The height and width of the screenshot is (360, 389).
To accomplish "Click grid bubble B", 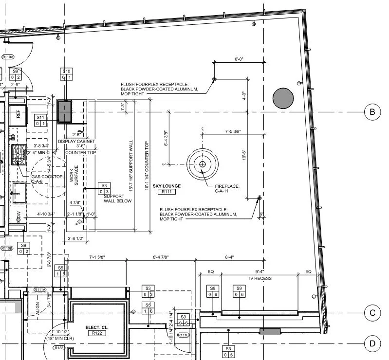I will (x=372, y=112).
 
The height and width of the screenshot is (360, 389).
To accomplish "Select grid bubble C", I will (x=372, y=313).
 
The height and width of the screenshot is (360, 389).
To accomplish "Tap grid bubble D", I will (x=372, y=344).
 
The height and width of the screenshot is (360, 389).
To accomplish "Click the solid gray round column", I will (x=283, y=98).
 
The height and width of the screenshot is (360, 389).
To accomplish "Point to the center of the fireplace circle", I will (x=203, y=164).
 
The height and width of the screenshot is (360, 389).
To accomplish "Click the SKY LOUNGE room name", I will (x=167, y=186).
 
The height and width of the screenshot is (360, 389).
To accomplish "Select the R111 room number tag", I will (x=167, y=192).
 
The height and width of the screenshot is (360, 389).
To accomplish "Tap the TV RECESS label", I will (x=259, y=278).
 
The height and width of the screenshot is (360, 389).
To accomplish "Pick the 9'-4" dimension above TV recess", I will (x=259, y=271).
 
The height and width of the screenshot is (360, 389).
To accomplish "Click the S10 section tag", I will (x=66, y=74).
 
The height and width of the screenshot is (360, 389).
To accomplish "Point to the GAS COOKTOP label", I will (x=48, y=179).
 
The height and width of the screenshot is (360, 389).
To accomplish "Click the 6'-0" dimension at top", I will (x=239, y=59).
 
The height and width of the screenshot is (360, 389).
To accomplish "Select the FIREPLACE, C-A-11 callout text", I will (x=227, y=188).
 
